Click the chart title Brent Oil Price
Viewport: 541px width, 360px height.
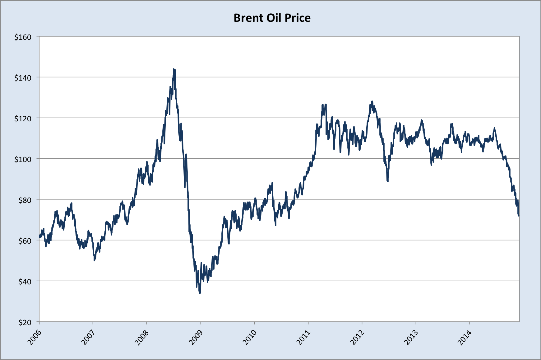click(272, 18)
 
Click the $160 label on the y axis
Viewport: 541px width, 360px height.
click(23, 37)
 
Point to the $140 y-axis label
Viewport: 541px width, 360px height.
click(23, 78)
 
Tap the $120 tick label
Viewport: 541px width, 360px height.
click(23, 119)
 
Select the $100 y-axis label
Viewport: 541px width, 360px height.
click(23, 160)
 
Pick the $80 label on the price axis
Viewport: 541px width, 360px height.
click(25, 200)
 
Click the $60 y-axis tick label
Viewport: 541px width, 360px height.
click(25, 241)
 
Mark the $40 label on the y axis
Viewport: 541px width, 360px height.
click(25, 282)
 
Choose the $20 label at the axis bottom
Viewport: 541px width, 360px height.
click(25, 323)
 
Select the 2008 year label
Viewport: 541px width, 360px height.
click(142, 337)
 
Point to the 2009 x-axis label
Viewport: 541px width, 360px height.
click(196, 337)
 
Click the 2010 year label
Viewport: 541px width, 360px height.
click(249, 337)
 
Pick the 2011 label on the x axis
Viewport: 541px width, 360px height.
click(303, 337)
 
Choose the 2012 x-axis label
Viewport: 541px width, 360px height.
click(357, 337)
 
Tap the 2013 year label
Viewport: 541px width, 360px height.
click(411, 337)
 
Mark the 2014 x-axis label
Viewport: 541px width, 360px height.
click(465, 337)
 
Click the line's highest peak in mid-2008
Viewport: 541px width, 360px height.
click(174, 69)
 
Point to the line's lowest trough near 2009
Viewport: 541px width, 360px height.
click(200, 293)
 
